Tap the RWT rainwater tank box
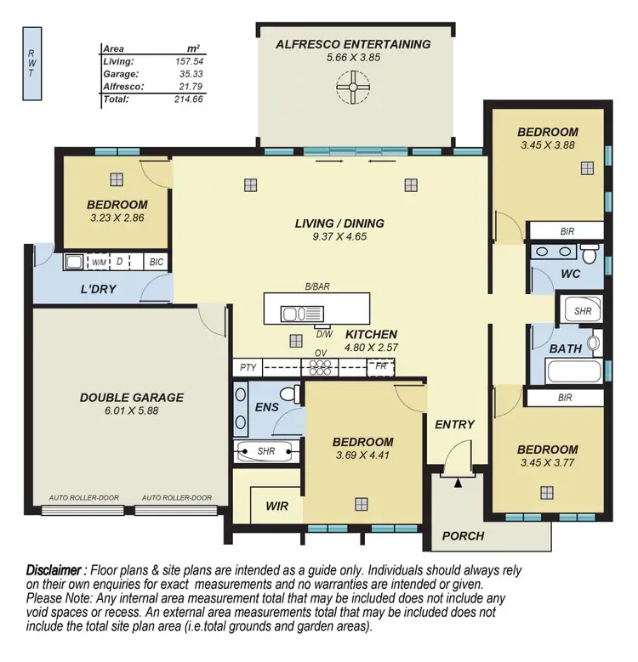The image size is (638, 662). tap(31, 63)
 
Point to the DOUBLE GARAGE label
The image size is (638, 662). tap(132, 397)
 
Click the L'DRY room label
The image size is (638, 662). tap(99, 289)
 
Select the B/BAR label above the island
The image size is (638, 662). tap(316, 287)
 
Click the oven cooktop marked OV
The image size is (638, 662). tap(322, 368)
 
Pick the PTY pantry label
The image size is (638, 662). tap(248, 368)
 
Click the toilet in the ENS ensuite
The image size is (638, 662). tap(290, 395)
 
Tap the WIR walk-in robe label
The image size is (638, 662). tap(276, 506)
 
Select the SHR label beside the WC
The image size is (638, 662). tap(582, 312)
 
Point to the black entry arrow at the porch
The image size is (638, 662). tap(458, 483)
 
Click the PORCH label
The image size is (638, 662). tap(464, 536)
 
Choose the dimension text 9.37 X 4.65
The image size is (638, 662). tap(339, 238)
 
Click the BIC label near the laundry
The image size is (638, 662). tap(156, 263)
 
